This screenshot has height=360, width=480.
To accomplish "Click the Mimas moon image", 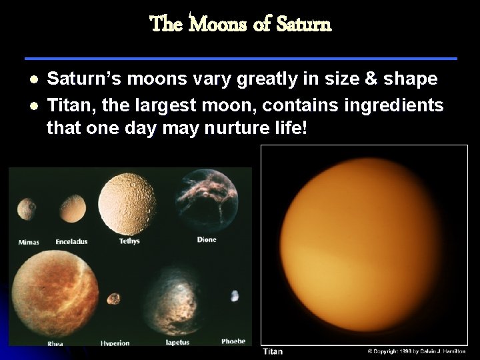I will [x=27, y=209].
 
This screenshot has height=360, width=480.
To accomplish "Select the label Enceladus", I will [x=71, y=241].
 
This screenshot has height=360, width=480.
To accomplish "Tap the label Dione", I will [x=207, y=240].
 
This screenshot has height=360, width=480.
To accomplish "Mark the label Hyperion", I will [x=115, y=343].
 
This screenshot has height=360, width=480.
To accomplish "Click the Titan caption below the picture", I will [x=273, y=351].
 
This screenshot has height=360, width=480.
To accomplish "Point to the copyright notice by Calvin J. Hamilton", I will [x=416, y=351].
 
